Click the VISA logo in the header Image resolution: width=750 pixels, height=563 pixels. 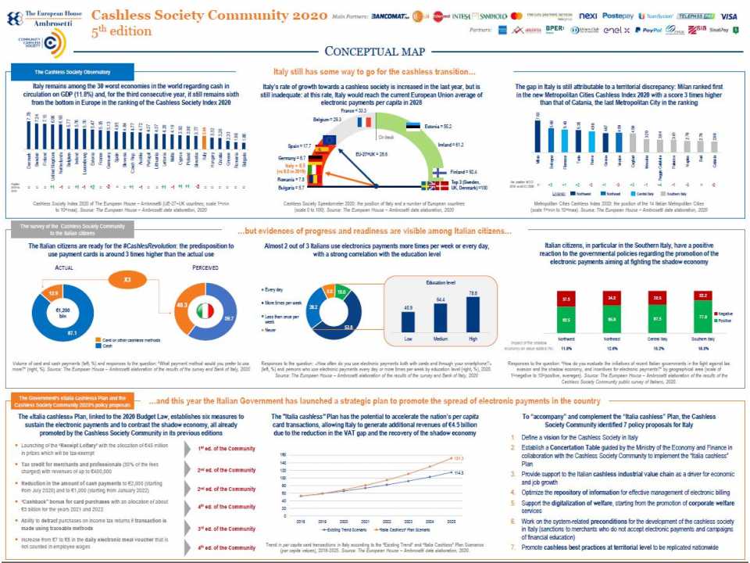click(x=728, y=16)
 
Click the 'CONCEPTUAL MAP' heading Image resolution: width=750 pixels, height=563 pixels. click(x=374, y=52)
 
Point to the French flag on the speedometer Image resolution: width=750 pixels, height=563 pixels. click(x=364, y=121)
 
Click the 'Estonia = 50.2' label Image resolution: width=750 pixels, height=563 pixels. click(x=438, y=125)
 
